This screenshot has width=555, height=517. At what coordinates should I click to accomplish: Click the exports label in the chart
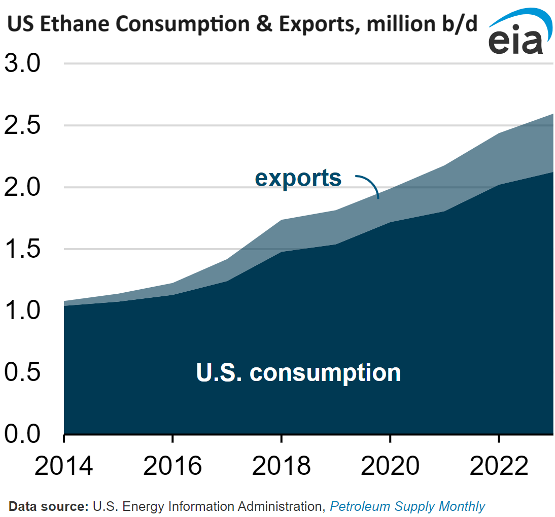[x=298, y=179]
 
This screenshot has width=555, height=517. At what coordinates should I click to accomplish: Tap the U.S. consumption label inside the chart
[x=298, y=372]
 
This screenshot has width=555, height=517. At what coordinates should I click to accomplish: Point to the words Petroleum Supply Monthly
[x=407, y=506]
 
